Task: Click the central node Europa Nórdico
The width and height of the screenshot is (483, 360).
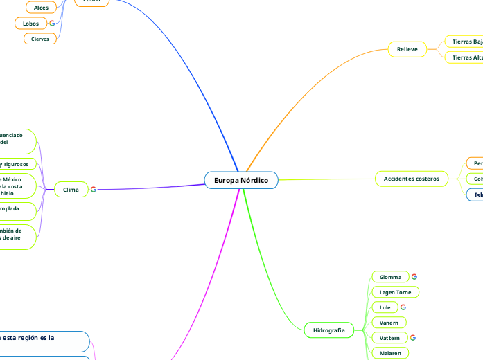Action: coord(240,180)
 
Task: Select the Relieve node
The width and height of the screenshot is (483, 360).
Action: coord(407,50)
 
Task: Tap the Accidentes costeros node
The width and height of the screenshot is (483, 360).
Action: coord(412,179)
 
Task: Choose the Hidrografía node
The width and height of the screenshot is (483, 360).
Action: coord(329,330)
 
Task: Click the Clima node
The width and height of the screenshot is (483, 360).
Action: coord(71,189)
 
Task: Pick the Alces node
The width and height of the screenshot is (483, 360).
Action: coord(41,8)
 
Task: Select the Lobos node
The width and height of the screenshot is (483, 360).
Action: coord(30,24)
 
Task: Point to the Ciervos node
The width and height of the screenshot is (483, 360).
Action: coord(40,39)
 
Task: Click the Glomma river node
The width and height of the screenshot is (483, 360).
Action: coord(390,277)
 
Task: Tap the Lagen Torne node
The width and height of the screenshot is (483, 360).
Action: coord(396,292)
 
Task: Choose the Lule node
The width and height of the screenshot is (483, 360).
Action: coord(385,307)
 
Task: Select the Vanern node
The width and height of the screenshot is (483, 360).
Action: coord(389,323)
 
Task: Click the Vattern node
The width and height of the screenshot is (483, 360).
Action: coord(390,338)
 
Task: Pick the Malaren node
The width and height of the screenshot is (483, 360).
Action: coord(390,353)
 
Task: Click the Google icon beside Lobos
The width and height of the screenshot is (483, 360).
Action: coord(52,24)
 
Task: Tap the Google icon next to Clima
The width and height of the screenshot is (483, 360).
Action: coord(94,189)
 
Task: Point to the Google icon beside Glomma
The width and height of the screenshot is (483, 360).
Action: coord(414,277)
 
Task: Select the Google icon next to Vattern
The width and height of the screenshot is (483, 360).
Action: coord(413,338)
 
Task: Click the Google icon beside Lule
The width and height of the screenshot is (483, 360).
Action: coord(403,307)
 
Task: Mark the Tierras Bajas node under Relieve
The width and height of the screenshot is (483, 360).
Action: coord(465,42)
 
